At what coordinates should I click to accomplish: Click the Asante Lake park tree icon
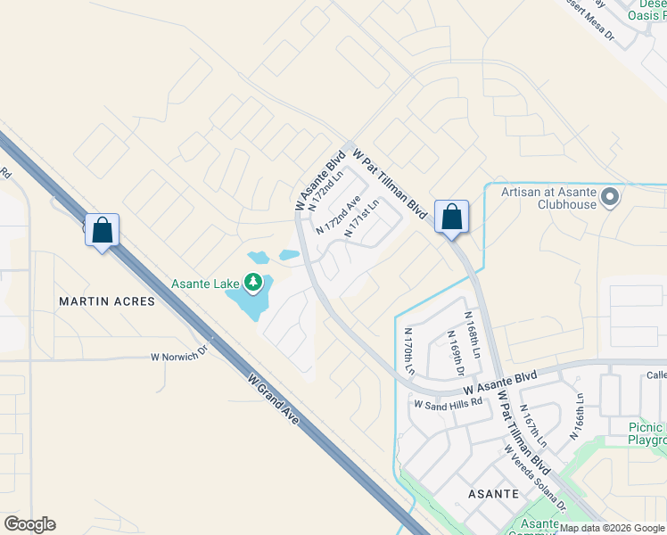[254, 284]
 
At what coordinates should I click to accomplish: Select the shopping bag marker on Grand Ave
[103, 231]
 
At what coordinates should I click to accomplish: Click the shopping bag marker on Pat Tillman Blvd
[451, 217]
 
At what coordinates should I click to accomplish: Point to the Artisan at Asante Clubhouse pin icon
[610, 197]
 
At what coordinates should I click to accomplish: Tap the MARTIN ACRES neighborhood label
[107, 301]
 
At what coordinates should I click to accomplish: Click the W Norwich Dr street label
[178, 355]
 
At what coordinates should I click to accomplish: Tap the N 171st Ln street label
[361, 218]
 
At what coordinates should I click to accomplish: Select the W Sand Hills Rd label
[448, 403]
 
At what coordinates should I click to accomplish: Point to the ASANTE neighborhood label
[494, 493]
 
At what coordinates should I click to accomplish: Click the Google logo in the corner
[29, 524]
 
